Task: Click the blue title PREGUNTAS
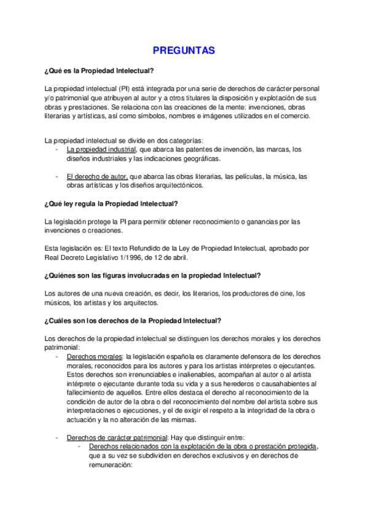[x=184, y=51]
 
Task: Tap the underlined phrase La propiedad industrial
[x=101, y=149]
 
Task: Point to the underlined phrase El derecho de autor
[x=96, y=176]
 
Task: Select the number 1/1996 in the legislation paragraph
[x=135, y=258]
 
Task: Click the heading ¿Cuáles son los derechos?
[x=133, y=320]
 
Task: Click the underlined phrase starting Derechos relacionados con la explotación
[x=202, y=447]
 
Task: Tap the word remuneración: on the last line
[x=111, y=465]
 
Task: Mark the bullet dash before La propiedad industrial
[x=57, y=149]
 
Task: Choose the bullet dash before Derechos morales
[x=57, y=357]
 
